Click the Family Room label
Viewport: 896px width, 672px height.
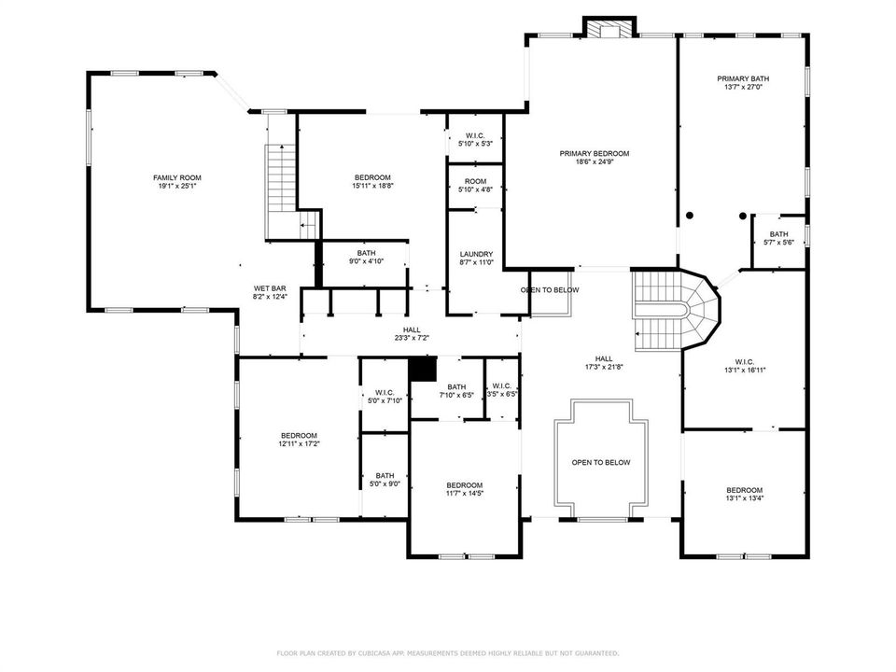(177, 182)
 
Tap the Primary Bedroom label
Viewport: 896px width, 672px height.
(595, 158)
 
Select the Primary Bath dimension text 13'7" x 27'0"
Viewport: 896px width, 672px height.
(743, 88)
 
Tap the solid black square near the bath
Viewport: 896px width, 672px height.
(423, 369)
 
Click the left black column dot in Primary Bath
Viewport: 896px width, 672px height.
(690, 216)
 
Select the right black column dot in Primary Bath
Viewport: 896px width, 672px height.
(742, 216)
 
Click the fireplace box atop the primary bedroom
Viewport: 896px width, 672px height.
(609, 27)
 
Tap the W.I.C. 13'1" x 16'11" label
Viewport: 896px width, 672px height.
(745, 366)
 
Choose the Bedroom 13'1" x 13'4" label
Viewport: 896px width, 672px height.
(745, 494)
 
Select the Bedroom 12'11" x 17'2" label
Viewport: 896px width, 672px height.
(299, 440)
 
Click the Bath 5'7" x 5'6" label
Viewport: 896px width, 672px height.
(778, 238)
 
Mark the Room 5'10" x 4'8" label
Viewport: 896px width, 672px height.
(475, 185)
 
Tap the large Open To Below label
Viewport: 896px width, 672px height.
(600, 462)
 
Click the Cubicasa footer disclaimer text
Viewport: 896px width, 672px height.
(447, 653)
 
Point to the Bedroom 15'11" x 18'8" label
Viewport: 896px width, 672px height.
(372, 182)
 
